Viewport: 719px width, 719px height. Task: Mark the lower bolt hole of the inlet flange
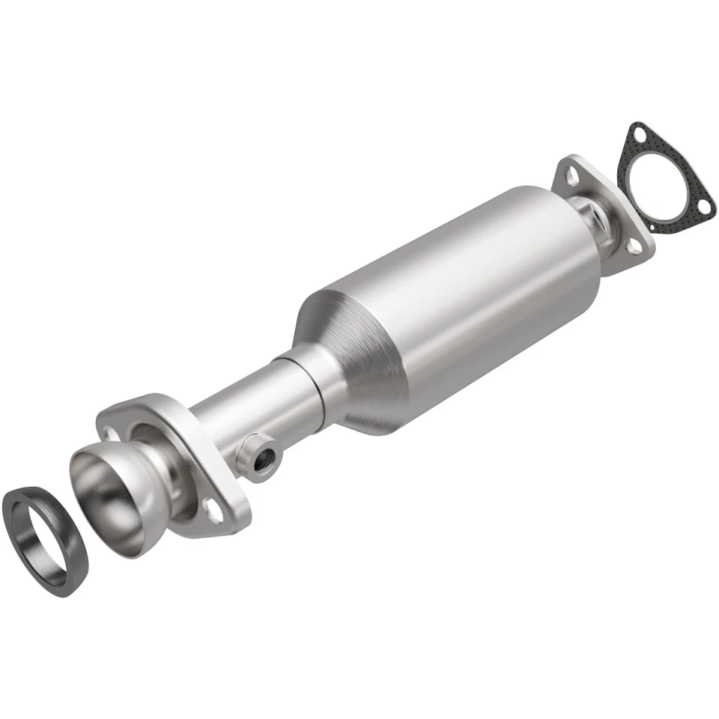coord(215,515)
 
